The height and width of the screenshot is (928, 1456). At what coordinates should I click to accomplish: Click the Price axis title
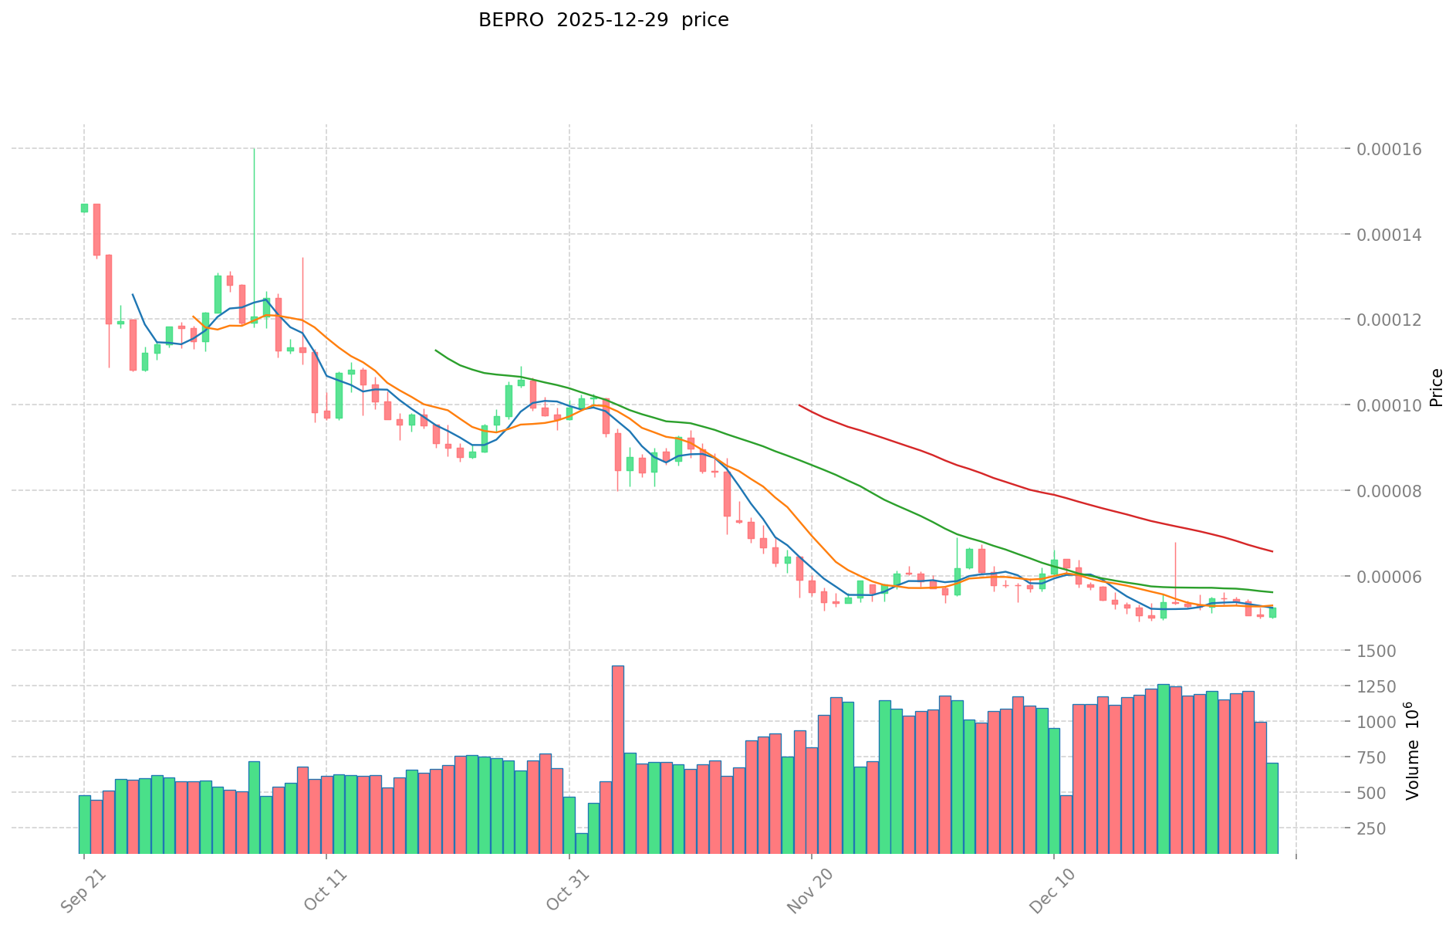point(1436,388)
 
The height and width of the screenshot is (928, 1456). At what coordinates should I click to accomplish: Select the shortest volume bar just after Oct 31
point(582,843)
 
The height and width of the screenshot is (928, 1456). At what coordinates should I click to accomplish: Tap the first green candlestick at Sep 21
point(84,208)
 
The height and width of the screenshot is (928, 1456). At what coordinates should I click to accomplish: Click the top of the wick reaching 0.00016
point(254,149)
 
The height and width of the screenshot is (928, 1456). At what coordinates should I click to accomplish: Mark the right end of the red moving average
point(1272,551)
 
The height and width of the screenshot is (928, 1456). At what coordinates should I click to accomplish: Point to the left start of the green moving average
point(436,351)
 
